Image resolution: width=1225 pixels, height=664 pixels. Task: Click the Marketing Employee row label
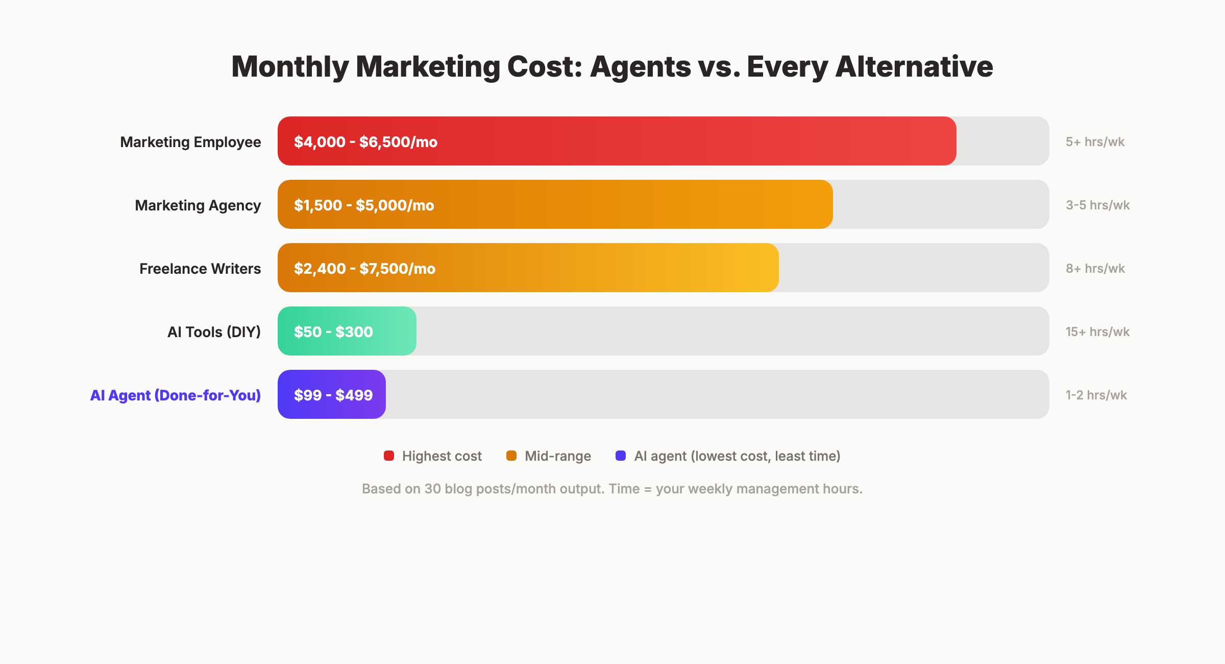[190, 142]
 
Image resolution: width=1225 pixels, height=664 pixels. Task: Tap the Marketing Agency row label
[198, 205]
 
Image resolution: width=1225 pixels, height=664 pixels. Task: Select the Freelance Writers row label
[200, 269]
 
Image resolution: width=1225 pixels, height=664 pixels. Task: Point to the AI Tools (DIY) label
[214, 332]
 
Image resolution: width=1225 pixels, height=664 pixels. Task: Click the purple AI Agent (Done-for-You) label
[175, 395]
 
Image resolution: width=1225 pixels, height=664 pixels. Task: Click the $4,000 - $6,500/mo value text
[365, 142]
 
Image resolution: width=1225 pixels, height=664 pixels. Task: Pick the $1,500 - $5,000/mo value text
[364, 205]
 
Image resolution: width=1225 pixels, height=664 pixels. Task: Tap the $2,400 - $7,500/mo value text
[364, 269]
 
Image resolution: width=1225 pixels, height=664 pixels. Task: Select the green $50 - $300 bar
[347, 331]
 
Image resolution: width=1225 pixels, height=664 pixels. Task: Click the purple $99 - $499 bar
[332, 394]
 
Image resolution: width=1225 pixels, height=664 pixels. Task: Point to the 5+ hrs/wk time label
[1095, 142]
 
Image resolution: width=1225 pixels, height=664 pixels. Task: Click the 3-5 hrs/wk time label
[1097, 205]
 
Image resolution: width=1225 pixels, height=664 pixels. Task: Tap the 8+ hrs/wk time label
[1095, 269]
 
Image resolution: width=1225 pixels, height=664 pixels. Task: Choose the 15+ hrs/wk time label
[1097, 332]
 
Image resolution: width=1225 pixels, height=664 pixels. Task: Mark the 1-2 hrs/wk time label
[1096, 395]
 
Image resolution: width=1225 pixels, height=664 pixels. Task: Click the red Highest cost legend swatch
[389, 456]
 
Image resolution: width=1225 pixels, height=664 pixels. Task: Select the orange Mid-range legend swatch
[511, 456]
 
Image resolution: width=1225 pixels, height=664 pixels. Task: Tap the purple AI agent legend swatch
[621, 456]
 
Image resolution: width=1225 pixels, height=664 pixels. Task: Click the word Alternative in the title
[914, 66]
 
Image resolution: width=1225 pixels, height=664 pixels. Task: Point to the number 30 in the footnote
[432, 489]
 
